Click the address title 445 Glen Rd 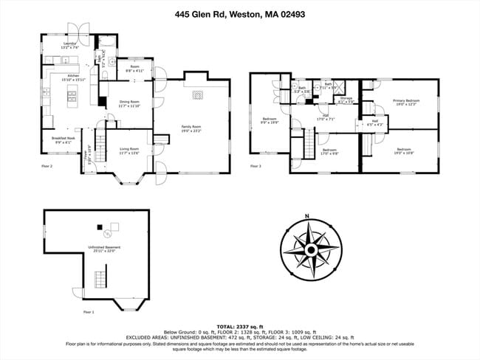click(x=239, y=13)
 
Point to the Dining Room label click(x=128, y=103)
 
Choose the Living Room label click(x=128, y=151)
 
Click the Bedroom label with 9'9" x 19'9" click(x=270, y=120)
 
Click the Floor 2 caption click(x=47, y=167)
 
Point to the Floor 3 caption click(x=256, y=167)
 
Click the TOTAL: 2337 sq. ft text click(x=239, y=326)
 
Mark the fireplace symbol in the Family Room click(x=196, y=94)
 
